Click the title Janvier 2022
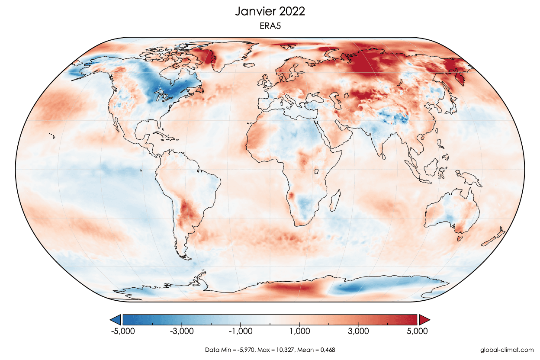[270, 11]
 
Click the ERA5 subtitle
[270, 26]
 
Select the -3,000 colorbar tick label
[182, 331]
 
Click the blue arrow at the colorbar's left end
[116, 320]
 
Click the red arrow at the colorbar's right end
[424, 320]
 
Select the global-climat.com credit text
[507, 349]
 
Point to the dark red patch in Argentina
[187, 212]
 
